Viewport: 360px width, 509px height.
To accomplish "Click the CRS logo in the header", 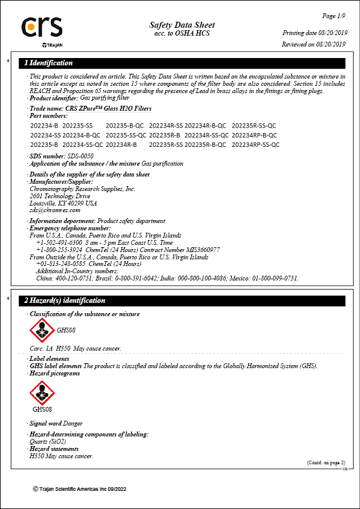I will (x=42, y=28).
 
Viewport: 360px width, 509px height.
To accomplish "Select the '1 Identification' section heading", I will (x=48, y=63).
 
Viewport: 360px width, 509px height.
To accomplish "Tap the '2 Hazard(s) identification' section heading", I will (x=65, y=300).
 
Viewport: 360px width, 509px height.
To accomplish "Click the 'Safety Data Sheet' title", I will (x=182, y=25).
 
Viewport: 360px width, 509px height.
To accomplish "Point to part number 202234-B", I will (x=44, y=125).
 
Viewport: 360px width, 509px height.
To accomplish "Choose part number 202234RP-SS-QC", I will (x=255, y=145).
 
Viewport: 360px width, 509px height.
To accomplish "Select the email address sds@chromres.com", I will (x=55, y=210).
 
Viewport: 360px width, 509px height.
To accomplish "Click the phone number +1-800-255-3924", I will (x=59, y=249).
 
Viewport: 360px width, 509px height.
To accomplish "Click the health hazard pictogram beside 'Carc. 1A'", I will (x=42, y=331).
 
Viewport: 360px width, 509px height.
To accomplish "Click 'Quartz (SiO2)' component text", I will (x=48, y=442).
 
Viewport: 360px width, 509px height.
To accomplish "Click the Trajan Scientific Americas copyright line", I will (x=79, y=488).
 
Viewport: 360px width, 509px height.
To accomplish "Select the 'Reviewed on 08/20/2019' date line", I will (x=313, y=44).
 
